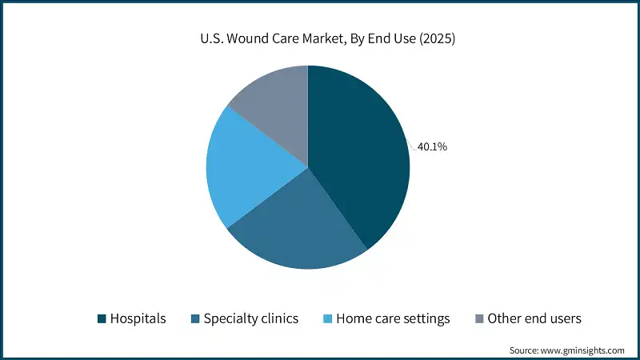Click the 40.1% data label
[433, 146]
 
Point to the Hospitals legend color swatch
[102, 318]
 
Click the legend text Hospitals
[139, 318]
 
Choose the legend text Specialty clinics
[250, 318]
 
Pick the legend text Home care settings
[393, 318]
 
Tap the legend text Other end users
[534, 318]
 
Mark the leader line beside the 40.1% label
[413, 146]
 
